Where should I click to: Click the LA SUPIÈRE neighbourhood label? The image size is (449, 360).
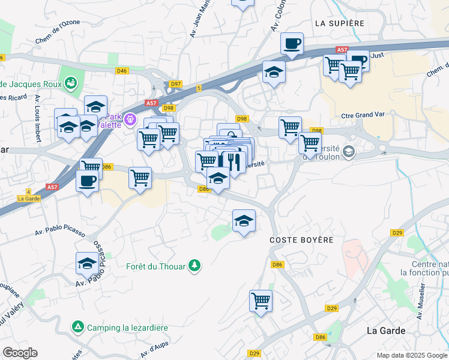(339, 23)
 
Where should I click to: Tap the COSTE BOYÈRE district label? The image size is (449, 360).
(301, 240)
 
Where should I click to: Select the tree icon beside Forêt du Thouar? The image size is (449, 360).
(194, 265)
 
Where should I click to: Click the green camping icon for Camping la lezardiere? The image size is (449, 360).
(78, 327)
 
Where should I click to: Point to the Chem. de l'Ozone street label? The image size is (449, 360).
(58, 35)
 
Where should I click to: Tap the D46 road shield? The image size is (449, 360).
(122, 71)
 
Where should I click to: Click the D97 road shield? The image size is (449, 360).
(176, 84)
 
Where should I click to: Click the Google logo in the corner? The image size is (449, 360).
(20, 353)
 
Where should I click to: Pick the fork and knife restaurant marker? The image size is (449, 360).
(234, 161)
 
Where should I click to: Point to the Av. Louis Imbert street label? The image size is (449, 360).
(38, 118)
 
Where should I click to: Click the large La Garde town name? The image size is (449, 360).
(386, 331)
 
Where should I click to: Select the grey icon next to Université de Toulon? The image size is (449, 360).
(349, 152)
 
